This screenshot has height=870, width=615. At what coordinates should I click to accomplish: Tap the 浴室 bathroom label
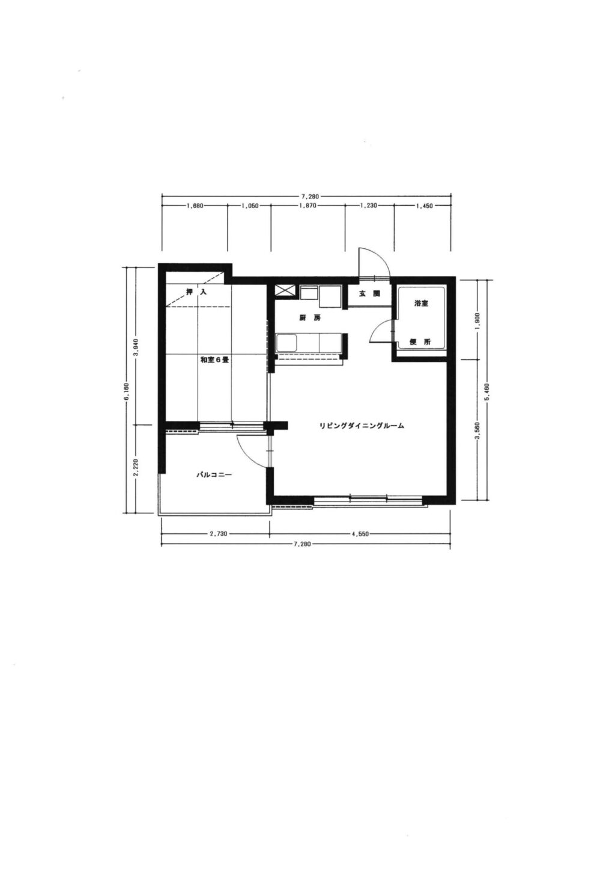click(421, 304)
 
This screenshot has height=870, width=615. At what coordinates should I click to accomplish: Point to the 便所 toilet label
click(420, 342)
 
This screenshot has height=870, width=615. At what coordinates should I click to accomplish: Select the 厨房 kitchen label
click(310, 318)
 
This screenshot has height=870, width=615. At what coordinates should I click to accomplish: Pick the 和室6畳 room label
click(214, 360)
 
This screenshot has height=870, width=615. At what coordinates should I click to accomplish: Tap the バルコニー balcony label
click(213, 474)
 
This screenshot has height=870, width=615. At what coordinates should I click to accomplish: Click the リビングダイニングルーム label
click(362, 426)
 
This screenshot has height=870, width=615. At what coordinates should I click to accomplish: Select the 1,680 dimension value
click(195, 206)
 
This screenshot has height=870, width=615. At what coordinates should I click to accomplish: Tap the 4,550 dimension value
click(360, 534)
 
